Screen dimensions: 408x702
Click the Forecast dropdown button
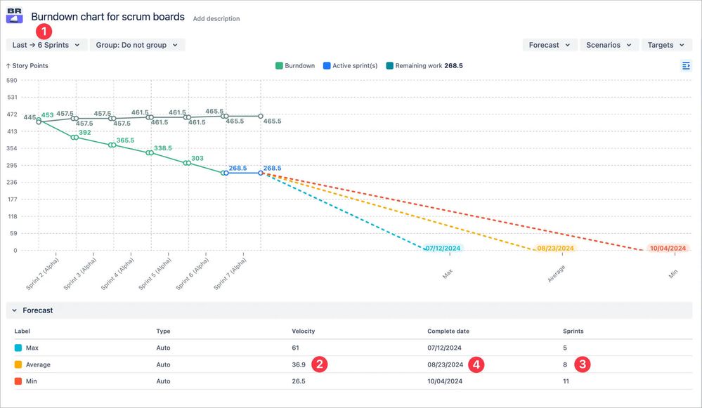click(x=550, y=45)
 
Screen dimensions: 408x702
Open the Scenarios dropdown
click(x=609, y=45)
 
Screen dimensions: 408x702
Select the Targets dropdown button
click(x=666, y=45)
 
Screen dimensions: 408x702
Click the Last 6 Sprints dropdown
click(x=46, y=45)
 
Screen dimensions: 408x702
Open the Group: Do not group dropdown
click(x=137, y=45)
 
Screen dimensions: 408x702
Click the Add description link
click(x=216, y=19)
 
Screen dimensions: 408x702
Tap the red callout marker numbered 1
click(x=44, y=31)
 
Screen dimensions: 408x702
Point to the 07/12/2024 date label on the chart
click(x=443, y=249)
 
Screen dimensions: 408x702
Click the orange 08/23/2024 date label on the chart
click(x=554, y=249)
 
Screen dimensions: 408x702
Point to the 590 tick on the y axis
click(x=11, y=80)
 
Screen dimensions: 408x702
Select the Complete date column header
click(x=448, y=331)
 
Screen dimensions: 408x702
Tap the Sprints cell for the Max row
click(x=566, y=348)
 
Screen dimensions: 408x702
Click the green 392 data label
click(x=84, y=133)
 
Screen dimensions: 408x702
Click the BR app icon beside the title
click(x=15, y=15)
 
